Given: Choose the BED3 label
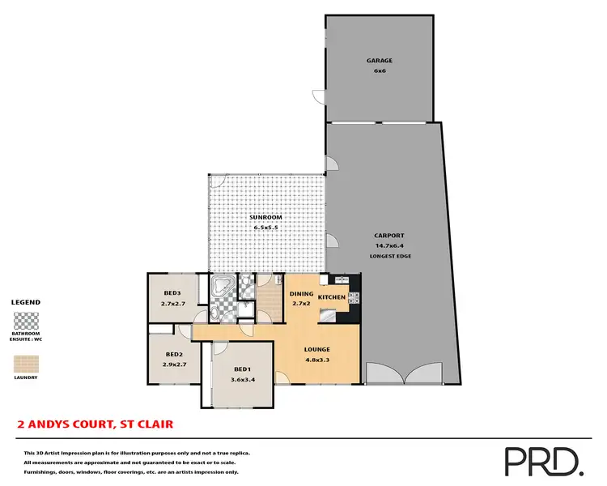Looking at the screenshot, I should pyautogui.click(x=172, y=292).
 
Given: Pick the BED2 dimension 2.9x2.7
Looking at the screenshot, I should pyautogui.click(x=173, y=364).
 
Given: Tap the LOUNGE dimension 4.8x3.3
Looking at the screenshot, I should pyautogui.click(x=316, y=360).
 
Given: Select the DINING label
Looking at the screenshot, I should pyautogui.click(x=302, y=293).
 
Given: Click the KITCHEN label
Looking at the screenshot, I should pyautogui.click(x=332, y=298).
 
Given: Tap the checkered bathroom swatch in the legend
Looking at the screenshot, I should pyautogui.click(x=25, y=318).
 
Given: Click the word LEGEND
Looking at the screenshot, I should pyautogui.click(x=25, y=302).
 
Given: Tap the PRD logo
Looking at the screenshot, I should pyautogui.click(x=543, y=461).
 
